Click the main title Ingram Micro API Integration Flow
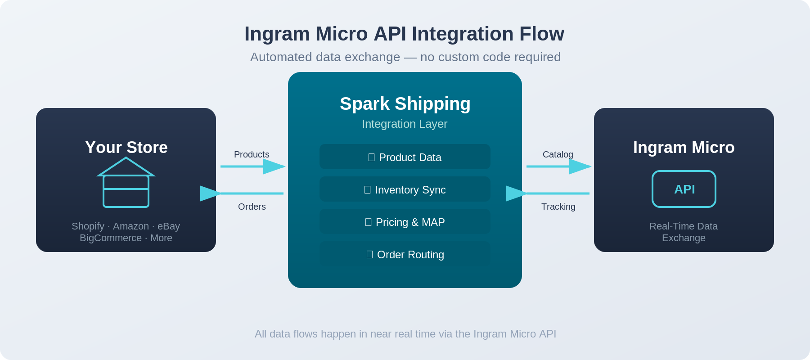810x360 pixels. (x=404, y=34)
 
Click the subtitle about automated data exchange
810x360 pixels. (x=405, y=57)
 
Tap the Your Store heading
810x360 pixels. (x=126, y=148)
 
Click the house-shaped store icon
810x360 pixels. (x=126, y=183)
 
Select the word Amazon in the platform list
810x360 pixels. (x=130, y=226)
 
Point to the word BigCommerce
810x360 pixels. (x=111, y=238)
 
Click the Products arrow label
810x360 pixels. (x=252, y=155)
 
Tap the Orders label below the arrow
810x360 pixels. (x=252, y=207)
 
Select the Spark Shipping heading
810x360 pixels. (x=405, y=104)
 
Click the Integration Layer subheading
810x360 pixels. (x=405, y=124)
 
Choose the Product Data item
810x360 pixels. (x=405, y=157)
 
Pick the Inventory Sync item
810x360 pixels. (x=405, y=189)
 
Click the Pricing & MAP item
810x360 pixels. (x=405, y=222)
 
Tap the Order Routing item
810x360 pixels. (x=405, y=254)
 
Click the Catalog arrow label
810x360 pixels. (x=558, y=155)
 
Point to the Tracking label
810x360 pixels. (x=558, y=207)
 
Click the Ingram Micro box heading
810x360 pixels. (x=684, y=148)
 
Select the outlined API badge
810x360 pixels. (x=684, y=189)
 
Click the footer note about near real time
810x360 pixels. (x=405, y=334)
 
